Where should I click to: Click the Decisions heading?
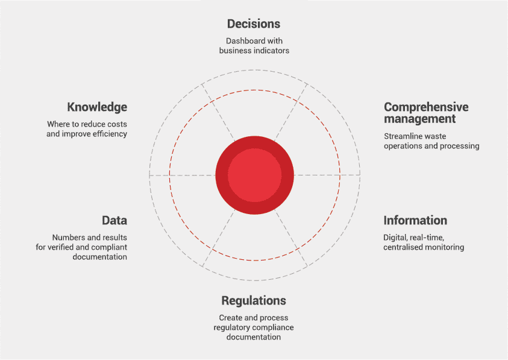254,24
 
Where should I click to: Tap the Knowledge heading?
97,107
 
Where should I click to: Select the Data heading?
114,220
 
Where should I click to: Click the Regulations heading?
254,300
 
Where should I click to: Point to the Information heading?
415,220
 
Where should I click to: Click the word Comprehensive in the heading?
426,107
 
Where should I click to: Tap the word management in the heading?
419,119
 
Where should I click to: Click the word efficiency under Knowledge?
108,134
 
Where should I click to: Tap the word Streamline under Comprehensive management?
404,136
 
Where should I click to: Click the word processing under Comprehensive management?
460,146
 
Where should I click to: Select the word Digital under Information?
396,238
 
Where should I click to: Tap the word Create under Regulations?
231,318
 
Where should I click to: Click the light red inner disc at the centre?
254,175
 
